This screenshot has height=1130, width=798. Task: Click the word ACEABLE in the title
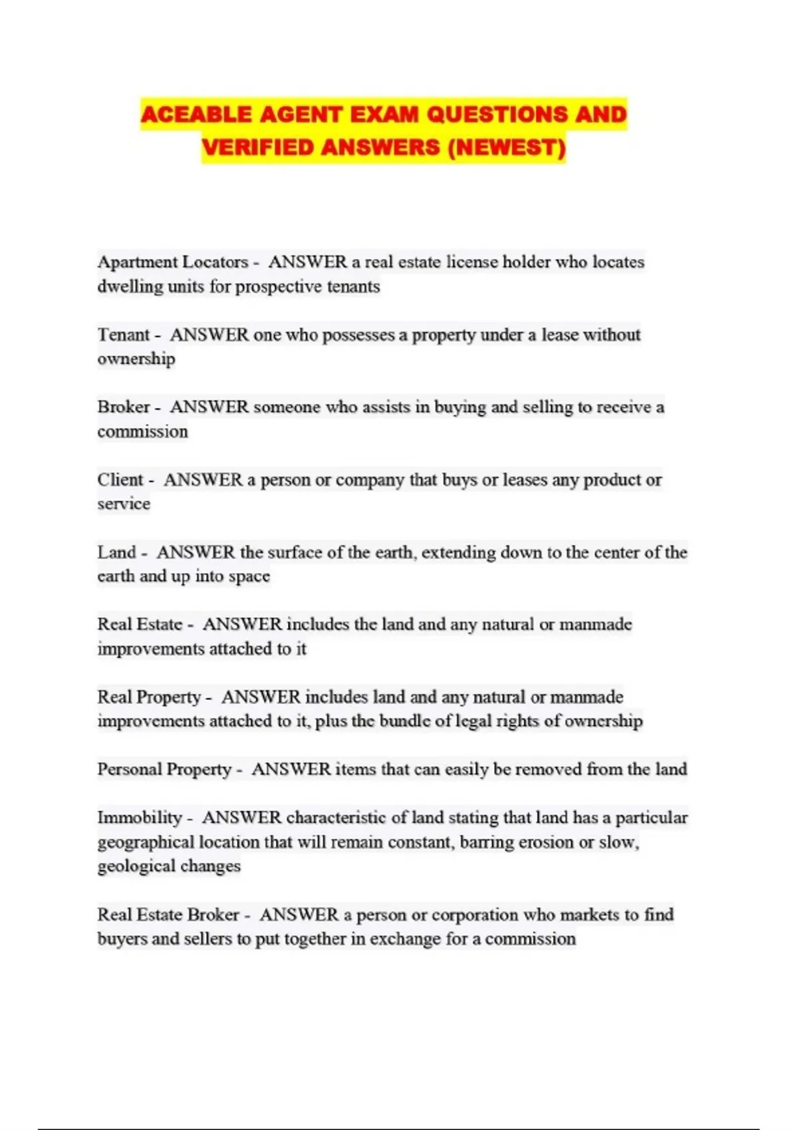click(196, 114)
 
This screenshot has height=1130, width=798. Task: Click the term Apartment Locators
click(172, 262)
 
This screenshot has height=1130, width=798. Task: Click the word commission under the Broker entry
click(142, 431)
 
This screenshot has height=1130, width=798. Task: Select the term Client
click(120, 479)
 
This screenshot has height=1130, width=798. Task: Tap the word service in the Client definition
click(124, 504)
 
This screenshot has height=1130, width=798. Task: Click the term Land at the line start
click(116, 552)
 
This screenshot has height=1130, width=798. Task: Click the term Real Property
click(149, 697)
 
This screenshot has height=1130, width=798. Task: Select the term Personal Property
click(164, 769)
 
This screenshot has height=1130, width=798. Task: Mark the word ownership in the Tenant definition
click(136, 359)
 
